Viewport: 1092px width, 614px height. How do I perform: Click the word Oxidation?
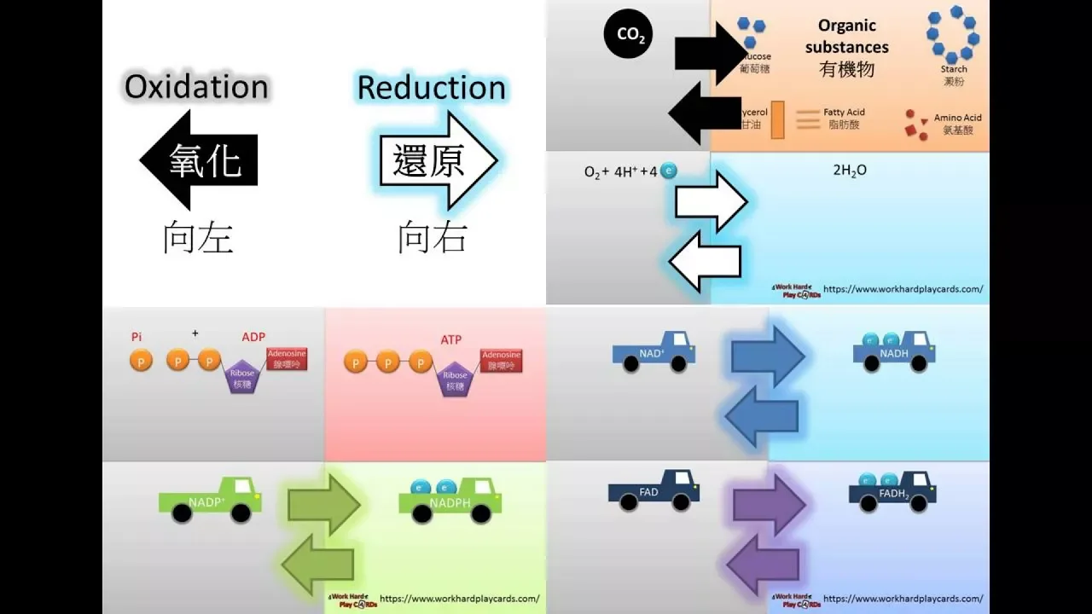(x=196, y=87)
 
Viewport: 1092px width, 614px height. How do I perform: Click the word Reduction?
(x=431, y=88)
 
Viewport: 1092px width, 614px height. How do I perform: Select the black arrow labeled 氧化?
(x=199, y=160)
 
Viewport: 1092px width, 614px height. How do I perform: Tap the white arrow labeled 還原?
(x=437, y=160)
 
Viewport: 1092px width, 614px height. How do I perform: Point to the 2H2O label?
(x=849, y=171)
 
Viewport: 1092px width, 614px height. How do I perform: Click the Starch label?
(x=954, y=70)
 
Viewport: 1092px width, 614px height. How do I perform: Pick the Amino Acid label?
(x=957, y=118)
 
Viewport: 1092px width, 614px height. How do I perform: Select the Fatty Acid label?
(x=844, y=113)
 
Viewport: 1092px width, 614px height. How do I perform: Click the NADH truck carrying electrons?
(x=894, y=351)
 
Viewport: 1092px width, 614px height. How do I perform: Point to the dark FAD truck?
(x=653, y=491)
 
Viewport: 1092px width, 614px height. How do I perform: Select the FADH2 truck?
(x=892, y=492)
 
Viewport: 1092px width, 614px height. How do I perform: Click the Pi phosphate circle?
(x=141, y=361)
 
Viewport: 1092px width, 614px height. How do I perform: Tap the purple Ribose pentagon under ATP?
(x=455, y=380)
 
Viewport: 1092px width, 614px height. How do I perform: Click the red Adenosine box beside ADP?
(x=287, y=359)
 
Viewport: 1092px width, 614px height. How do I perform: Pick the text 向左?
(x=198, y=239)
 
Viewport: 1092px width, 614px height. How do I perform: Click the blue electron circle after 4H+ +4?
(x=669, y=171)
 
